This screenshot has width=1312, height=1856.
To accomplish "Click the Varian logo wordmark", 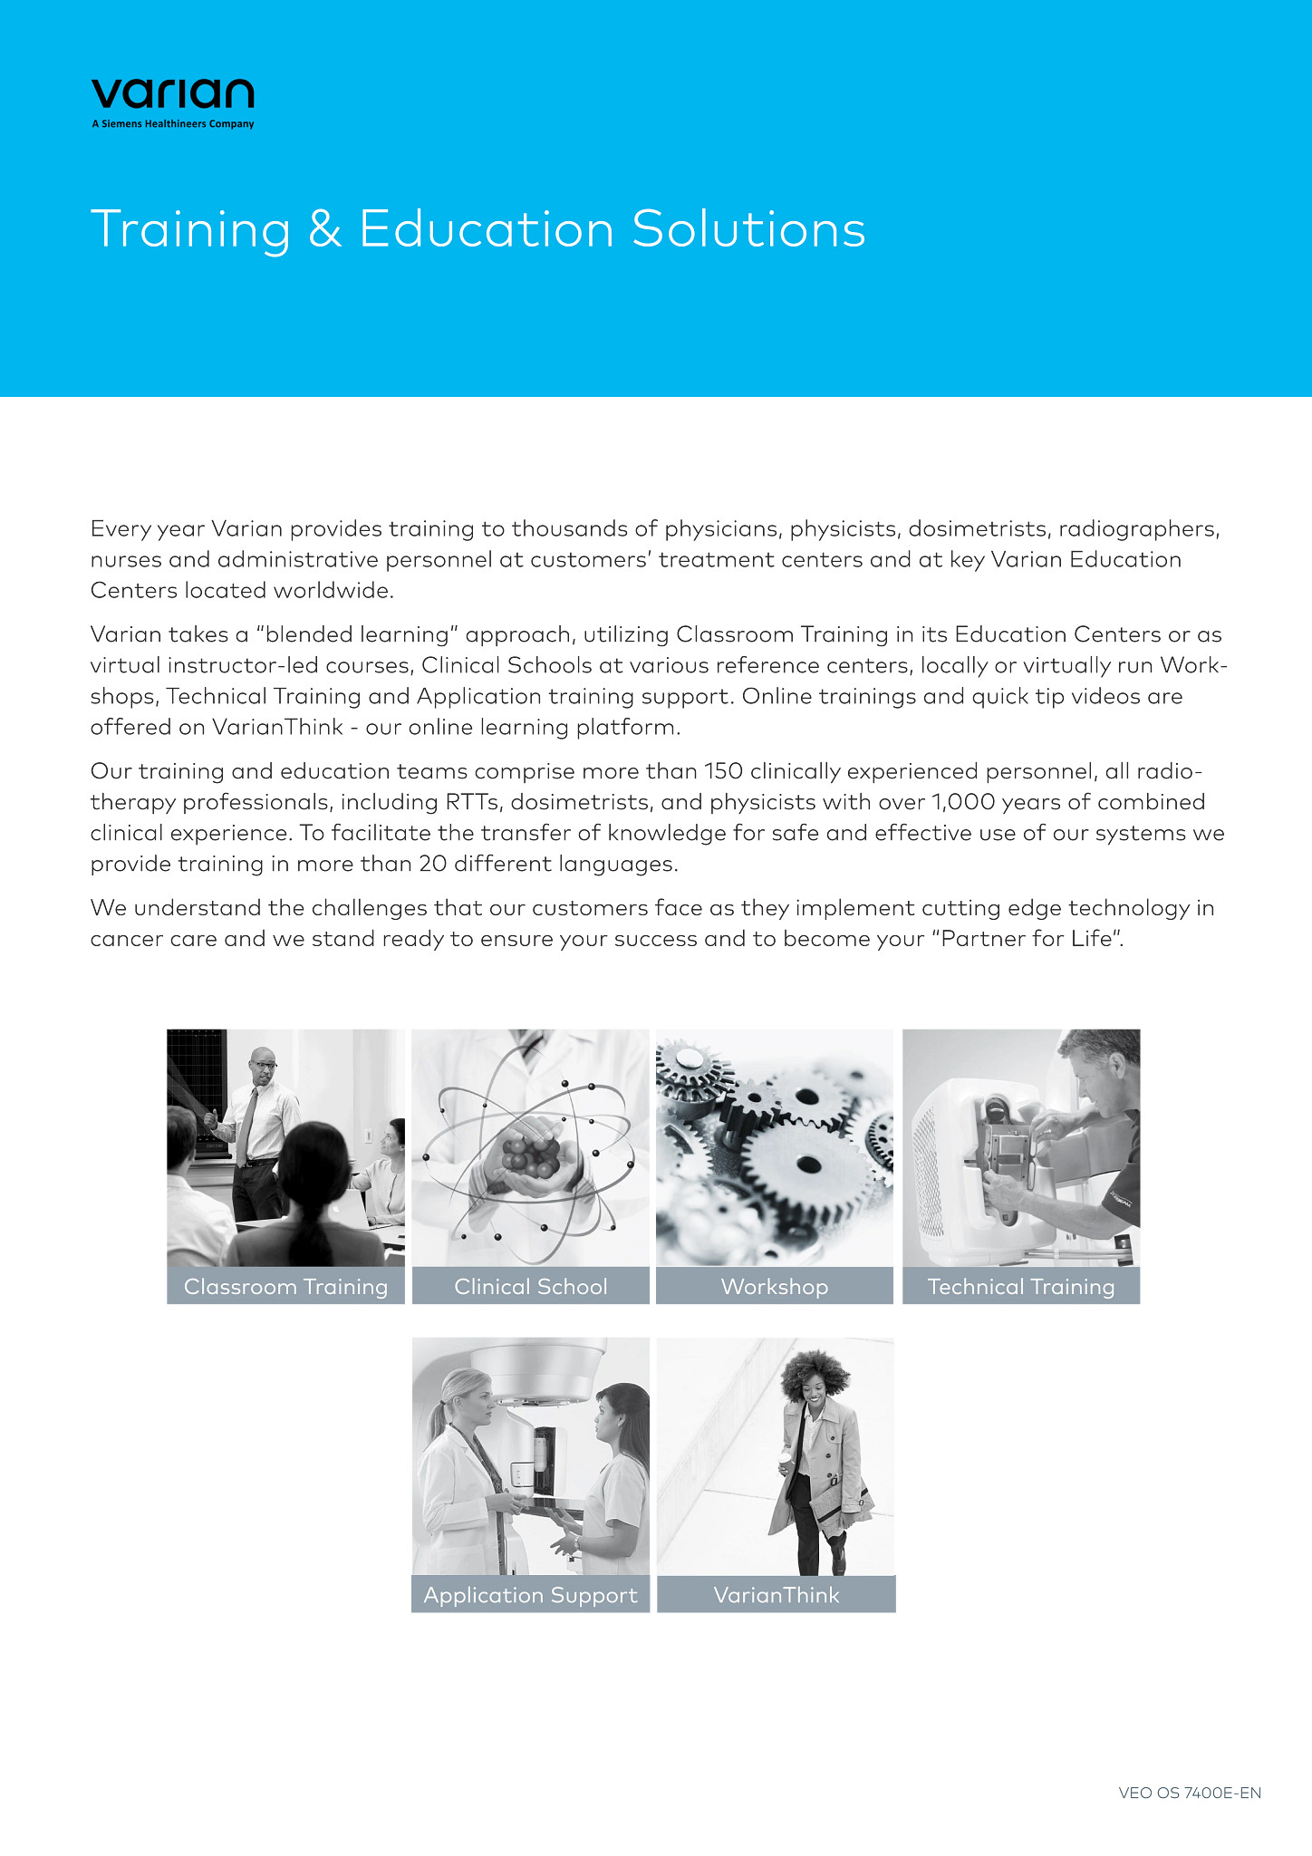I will pyautogui.click(x=172, y=93).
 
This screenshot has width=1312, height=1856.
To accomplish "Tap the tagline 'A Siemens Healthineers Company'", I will pyautogui.click(x=172, y=124).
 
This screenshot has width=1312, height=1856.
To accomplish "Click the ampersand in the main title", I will pyautogui.click(x=324, y=229).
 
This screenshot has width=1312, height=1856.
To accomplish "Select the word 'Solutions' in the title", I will pyautogui.click(x=748, y=229).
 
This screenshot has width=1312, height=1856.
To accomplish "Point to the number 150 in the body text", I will pyautogui.click(x=723, y=771).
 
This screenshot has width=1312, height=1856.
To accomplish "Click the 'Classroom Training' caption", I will pyautogui.click(x=285, y=1287).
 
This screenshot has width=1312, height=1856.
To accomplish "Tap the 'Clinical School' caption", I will pyautogui.click(x=530, y=1287).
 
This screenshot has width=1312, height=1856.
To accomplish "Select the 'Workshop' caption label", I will pyautogui.click(x=774, y=1287).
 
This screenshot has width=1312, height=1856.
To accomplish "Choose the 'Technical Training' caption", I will pyautogui.click(x=1020, y=1287).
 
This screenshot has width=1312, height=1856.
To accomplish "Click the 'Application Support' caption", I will pyautogui.click(x=530, y=1595).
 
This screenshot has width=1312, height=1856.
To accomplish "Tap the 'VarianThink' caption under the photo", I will pyautogui.click(x=776, y=1595).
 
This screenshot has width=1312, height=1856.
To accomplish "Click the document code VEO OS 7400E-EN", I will pyautogui.click(x=1189, y=1793).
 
